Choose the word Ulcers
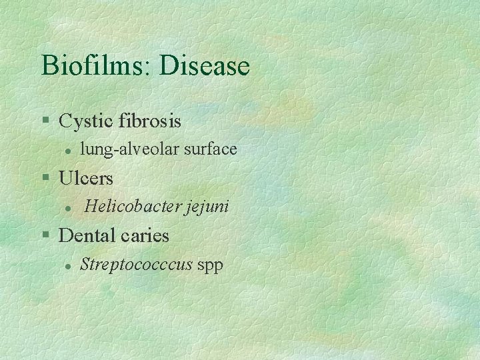click(86, 179)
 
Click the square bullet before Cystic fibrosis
click(45, 121)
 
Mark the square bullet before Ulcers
click(45, 178)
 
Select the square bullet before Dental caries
click(45, 235)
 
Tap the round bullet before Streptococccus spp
click(68, 265)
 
